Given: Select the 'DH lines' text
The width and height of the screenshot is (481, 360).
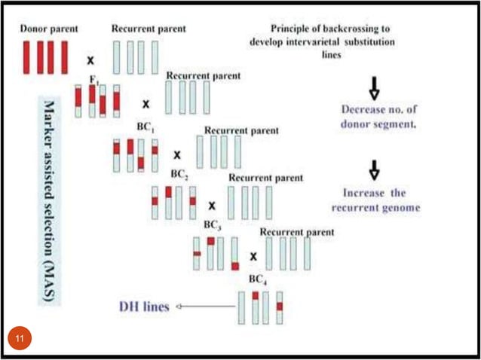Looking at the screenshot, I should point(143,307).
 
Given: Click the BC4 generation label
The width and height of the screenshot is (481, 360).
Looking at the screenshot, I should point(259,279).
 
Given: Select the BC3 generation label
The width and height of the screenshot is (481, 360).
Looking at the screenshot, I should point(213,225).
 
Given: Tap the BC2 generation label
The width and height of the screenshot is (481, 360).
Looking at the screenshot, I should point(179,173).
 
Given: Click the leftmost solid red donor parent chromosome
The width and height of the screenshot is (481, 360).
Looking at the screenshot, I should point(28,57).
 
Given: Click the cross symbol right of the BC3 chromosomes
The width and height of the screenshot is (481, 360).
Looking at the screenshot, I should point(253,256).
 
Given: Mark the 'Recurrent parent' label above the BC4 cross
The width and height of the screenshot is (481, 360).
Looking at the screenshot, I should point(296,233).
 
